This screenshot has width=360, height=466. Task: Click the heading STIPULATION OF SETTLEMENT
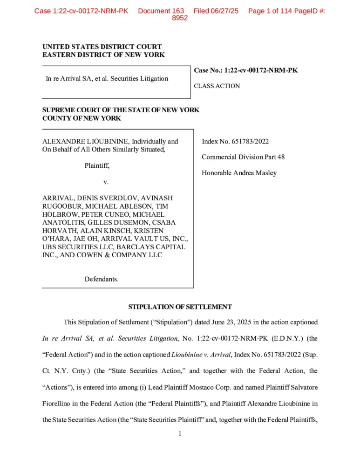pos(180,307)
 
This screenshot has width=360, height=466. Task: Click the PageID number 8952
pos(180,18)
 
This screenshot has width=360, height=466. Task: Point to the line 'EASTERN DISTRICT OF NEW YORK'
pos(103,55)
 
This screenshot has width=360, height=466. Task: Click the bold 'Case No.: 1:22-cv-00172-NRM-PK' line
pos(245,70)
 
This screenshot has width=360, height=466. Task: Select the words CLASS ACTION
pos(217,86)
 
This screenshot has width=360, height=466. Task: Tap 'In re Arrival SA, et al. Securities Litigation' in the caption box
pos(107,78)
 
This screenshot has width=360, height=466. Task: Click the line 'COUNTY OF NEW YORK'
pos(82,118)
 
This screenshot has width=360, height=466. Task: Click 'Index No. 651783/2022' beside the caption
pos(235,141)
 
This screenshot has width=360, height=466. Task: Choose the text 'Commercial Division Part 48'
pos(243,157)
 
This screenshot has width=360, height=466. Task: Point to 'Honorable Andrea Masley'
pos(239,173)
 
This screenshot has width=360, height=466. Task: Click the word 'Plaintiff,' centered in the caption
pos(97,165)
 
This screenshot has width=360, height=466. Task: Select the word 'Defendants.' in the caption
pos(101,279)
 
